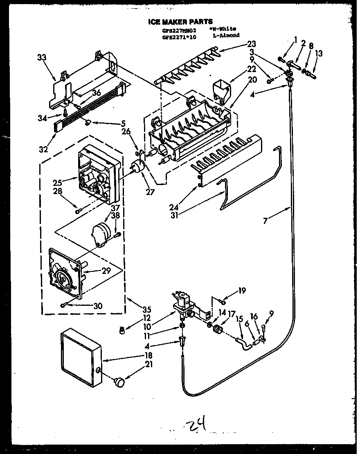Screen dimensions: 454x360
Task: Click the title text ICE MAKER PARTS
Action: click(x=180, y=22)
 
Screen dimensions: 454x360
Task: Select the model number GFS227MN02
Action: click(x=180, y=30)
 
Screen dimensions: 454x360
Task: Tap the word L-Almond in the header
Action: click(x=226, y=36)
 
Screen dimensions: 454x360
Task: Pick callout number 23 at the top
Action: click(x=251, y=43)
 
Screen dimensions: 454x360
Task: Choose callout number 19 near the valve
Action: click(x=242, y=291)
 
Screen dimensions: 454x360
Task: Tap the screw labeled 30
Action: click(x=64, y=305)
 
